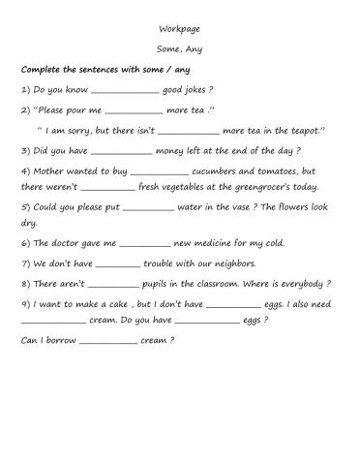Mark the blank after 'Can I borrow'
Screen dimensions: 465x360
pyautogui.click(x=108, y=343)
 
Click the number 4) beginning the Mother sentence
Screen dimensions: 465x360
pyautogui.click(x=27, y=171)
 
